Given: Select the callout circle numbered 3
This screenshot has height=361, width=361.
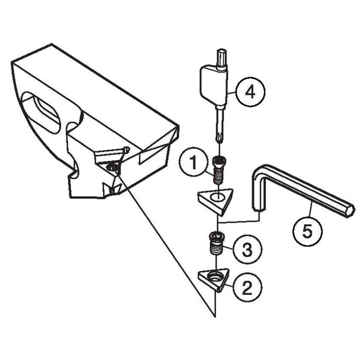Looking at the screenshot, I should (247, 249).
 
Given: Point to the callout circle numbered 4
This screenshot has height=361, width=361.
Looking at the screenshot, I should (250, 91).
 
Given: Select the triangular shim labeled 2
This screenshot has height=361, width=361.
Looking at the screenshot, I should (214, 279).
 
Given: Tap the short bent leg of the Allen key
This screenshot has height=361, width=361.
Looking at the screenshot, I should (258, 190).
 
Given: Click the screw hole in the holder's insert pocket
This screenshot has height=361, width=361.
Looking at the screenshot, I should (113, 168).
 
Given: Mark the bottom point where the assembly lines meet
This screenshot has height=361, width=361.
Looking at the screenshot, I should (216, 316).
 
